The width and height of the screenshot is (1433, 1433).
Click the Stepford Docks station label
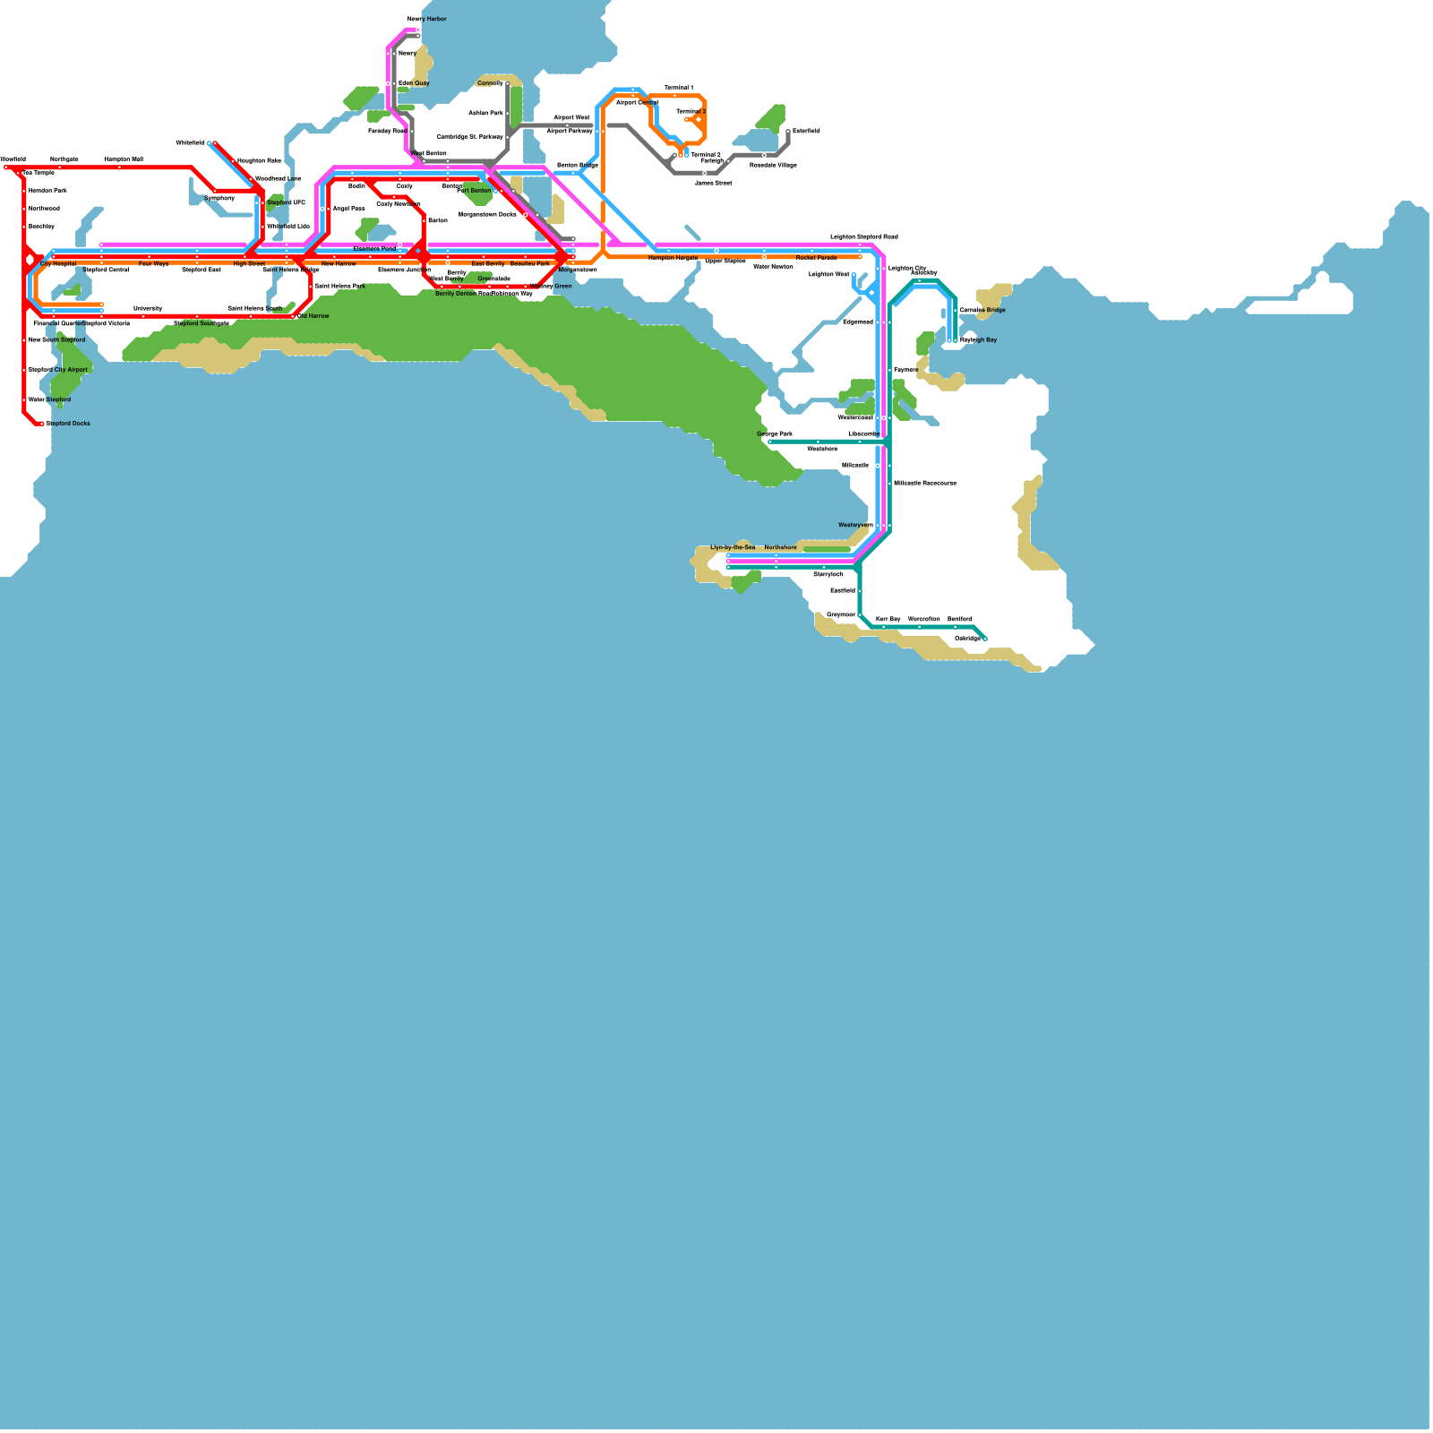pyautogui.click(x=68, y=424)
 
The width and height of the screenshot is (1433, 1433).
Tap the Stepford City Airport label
pyautogui.click(x=57, y=370)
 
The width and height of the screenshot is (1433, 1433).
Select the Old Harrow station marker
pyautogui.click(x=293, y=316)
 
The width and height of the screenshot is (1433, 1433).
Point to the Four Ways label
pyautogui.click(x=153, y=264)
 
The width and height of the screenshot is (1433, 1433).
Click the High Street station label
pyautogui.click(x=249, y=264)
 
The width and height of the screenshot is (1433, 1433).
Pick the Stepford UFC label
pyautogui.click(x=286, y=203)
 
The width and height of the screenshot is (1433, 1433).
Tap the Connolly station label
pyautogui.click(x=490, y=83)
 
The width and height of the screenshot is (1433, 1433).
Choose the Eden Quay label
pyautogui.click(x=414, y=83)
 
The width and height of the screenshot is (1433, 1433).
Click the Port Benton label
pyautogui.click(x=474, y=191)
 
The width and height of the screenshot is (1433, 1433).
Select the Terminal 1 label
pyautogui.click(x=678, y=88)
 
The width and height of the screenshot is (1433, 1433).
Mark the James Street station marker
pyautogui.click(x=705, y=174)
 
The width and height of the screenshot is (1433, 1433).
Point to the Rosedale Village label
pyautogui.click(x=773, y=165)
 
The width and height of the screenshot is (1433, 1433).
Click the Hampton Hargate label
pyautogui.click(x=673, y=258)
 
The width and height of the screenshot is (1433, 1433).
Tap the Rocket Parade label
pyautogui.click(x=816, y=258)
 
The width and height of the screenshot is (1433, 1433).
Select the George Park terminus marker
pyautogui.click(x=770, y=442)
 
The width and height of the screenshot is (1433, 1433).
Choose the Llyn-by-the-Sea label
pyautogui.click(x=733, y=547)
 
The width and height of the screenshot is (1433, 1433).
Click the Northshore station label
pyautogui.click(x=780, y=547)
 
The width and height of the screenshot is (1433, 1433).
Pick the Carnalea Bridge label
pyautogui.click(x=983, y=311)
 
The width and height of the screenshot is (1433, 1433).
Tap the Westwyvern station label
pyautogui.click(x=855, y=525)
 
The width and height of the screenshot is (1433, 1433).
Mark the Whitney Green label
pyautogui.click(x=550, y=287)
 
